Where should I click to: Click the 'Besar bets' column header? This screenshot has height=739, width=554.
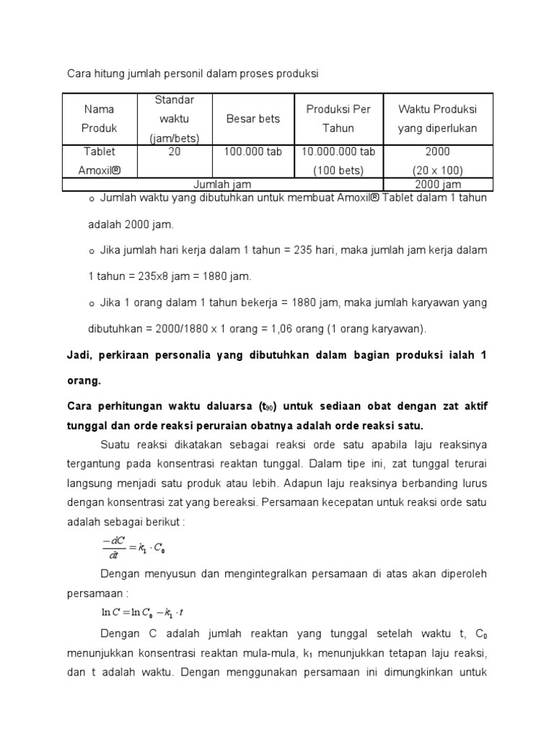[x=252, y=118]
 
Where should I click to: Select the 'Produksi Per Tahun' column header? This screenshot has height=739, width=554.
[x=338, y=118]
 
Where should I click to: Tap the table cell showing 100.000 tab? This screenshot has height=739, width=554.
[x=252, y=152]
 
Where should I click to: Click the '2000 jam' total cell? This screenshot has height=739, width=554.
[x=438, y=185]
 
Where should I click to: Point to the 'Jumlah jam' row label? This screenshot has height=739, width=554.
[x=223, y=185]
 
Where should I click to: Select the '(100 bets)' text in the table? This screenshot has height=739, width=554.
[x=338, y=171]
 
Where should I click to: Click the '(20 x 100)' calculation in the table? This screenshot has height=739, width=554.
[x=438, y=171]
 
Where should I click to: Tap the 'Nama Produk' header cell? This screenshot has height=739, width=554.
[x=100, y=118]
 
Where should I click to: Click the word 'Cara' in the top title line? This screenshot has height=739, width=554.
[x=79, y=74]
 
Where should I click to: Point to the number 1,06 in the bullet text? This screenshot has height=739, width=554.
[x=271, y=329]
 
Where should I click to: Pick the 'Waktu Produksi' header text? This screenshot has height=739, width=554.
[x=438, y=109]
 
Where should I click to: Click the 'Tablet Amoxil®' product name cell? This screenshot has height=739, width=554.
[x=100, y=161]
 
